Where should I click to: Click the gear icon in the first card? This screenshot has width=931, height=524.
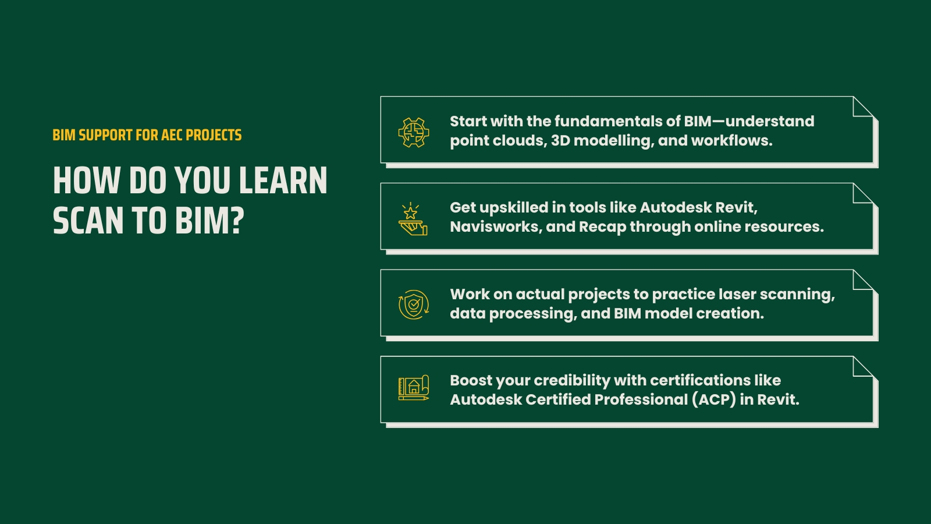pos(413,132)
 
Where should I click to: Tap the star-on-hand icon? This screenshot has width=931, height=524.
pos(413,219)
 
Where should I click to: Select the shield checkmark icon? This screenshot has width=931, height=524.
pos(413,305)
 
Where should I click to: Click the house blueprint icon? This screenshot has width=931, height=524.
pos(413,388)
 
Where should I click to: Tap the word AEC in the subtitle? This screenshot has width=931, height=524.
pos(172,135)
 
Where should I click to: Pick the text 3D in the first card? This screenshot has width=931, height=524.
pos(560,140)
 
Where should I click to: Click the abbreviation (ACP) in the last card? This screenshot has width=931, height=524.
pos(713,399)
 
